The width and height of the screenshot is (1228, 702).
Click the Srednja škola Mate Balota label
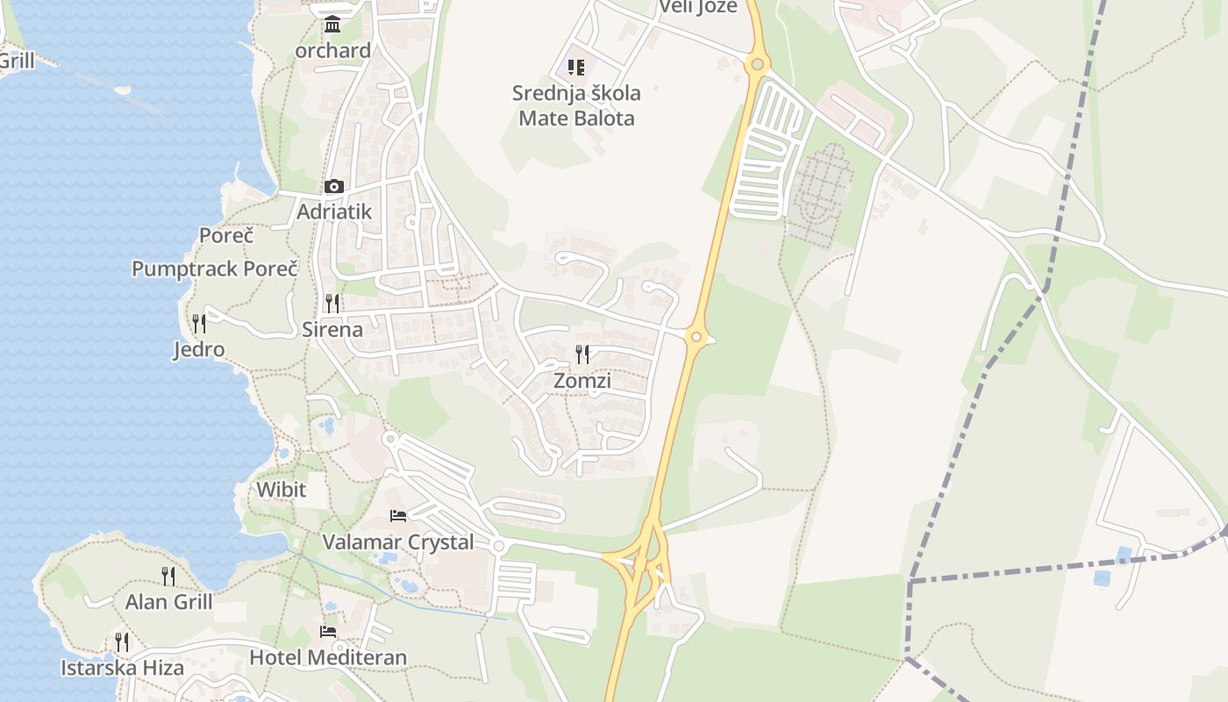tap(576, 105)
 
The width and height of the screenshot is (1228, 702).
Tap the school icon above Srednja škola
tap(576, 67)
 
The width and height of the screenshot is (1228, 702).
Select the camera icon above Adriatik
tap(333, 186)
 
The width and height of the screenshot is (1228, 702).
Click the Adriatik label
tap(334, 211)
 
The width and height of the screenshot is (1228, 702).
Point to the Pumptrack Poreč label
tap(215, 269)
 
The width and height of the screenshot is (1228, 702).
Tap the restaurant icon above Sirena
tap(332, 304)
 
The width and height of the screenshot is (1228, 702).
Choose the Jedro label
tap(198, 349)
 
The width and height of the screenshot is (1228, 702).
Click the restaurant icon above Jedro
tap(199, 324)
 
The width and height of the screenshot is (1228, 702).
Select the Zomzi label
tap(582, 380)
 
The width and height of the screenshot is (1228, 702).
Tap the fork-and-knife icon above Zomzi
tap(582, 355)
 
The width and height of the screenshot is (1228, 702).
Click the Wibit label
tap(282, 490)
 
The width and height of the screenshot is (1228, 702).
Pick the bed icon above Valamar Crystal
tap(398, 516)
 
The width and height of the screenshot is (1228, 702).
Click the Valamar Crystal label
tap(398, 542)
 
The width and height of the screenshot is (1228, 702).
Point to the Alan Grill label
tap(168, 602)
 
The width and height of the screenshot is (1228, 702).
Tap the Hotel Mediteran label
tap(328, 657)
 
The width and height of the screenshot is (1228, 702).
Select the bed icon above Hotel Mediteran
tap(328, 632)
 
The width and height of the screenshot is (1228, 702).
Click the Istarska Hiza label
tap(122, 668)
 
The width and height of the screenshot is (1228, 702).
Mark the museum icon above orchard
tap(332, 25)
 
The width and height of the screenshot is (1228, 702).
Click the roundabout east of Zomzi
tap(696, 336)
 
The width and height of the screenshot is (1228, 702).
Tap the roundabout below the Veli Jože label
tap(757, 64)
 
